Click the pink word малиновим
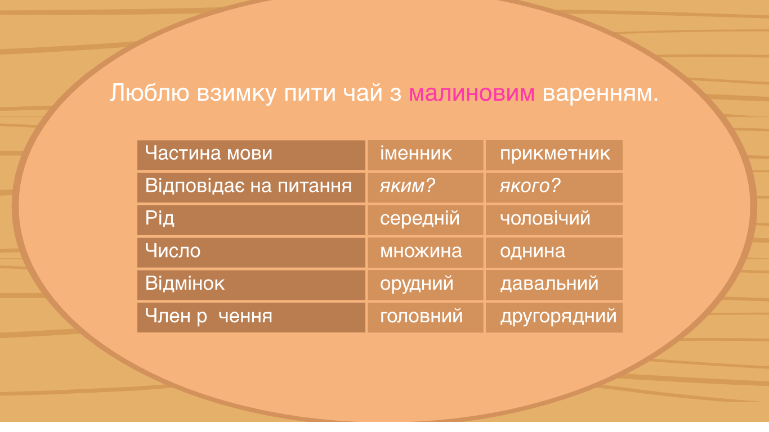(472, 93)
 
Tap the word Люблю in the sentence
(149, 93)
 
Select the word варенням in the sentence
(600, 93)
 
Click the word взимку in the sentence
(236, 93)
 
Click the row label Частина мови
(208, 153)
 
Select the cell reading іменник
(415, 153)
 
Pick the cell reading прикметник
(555, 154)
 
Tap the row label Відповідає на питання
(248, 186)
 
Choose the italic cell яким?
(407, 186)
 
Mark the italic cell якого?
(530, 186)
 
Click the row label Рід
(160, 218)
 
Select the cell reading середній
(419, 219)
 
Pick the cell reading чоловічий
(545, 218)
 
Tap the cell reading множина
(421, 251)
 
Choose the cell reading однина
(533, 251)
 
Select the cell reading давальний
(549, 284)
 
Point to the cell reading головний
(421, 316)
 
